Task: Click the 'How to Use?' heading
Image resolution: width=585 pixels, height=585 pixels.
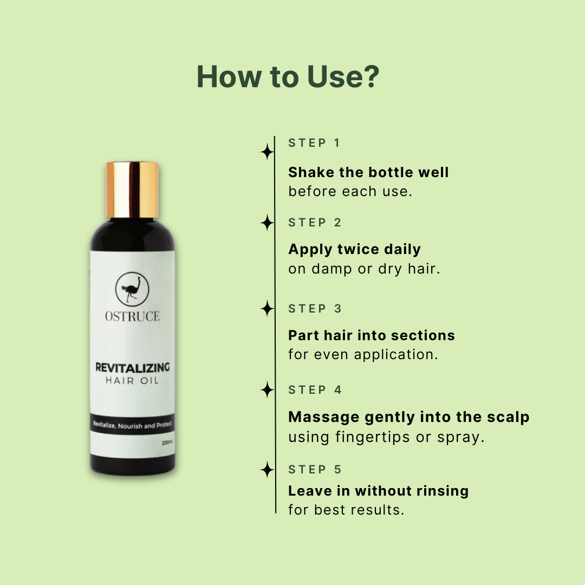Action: pyautogui.click(x=288, y=77)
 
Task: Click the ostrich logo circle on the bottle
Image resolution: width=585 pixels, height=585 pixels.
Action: pyautogui.click(x=132, y=289)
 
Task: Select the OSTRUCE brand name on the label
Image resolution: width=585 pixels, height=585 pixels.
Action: pyautogui.click(x=132, y=316)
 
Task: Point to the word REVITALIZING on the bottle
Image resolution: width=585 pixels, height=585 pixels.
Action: pyautogui.click(x=132, y=368)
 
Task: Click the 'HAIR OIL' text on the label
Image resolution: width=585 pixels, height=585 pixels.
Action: pyautogui.click(x=132, y=381)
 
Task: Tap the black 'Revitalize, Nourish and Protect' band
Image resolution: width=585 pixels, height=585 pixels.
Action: pyautogui.click(x=132, y=425)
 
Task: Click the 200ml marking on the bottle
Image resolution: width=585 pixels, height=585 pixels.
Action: pyautogui.click(x=167, y=443)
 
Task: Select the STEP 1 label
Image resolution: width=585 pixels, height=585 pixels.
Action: pyautogui.click(x=314, y=143)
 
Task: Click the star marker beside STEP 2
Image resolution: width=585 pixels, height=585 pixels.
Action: pyautogui.click(x=267, y=223)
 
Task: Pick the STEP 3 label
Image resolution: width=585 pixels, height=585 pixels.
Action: pyautogui.click(x=315, y=309)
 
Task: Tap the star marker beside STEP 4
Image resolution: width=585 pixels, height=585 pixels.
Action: pyautogui.click(x=267, y=389)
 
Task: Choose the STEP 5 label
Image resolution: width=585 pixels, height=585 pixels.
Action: pyautogui.click(x=315, y=470)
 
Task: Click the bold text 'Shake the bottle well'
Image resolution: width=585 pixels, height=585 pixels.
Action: pyautogui.click(x=368, y=173)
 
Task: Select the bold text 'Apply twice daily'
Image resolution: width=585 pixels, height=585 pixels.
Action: pyautogui.click(x=354, y=250)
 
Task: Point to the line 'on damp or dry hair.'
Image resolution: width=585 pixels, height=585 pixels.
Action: pyautogui.click(x=364, y=269)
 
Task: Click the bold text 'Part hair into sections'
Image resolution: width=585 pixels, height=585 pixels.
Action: pyautogui.click(x=372, y=335)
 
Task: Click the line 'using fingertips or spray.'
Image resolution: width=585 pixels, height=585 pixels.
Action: pyautogui.click(x=386, y=437)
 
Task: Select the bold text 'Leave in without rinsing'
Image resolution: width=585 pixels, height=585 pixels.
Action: pyautogui.click(x=378, y=491)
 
